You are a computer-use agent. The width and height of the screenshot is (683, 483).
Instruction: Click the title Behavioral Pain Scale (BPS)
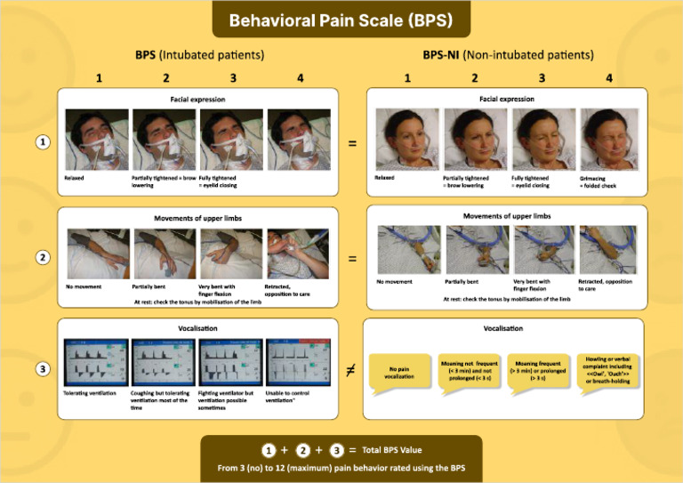click(340, 20)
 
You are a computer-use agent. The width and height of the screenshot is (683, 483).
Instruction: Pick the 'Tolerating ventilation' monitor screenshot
click(96, 361)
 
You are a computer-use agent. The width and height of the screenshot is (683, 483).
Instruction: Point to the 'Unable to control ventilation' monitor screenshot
click(297, 361)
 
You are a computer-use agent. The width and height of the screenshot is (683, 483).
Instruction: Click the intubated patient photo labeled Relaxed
click(96, 139)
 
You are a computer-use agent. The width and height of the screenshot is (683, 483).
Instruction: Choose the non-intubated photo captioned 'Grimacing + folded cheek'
click(607, 139)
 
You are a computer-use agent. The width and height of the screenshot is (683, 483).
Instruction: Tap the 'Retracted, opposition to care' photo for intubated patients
click(297, 254)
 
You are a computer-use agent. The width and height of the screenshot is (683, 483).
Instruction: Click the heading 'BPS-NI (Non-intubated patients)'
click(509, 55)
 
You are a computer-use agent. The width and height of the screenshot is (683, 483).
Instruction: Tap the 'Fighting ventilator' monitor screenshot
click(229, 361)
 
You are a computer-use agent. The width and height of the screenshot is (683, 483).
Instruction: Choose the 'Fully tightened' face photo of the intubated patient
click(229, 139)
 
